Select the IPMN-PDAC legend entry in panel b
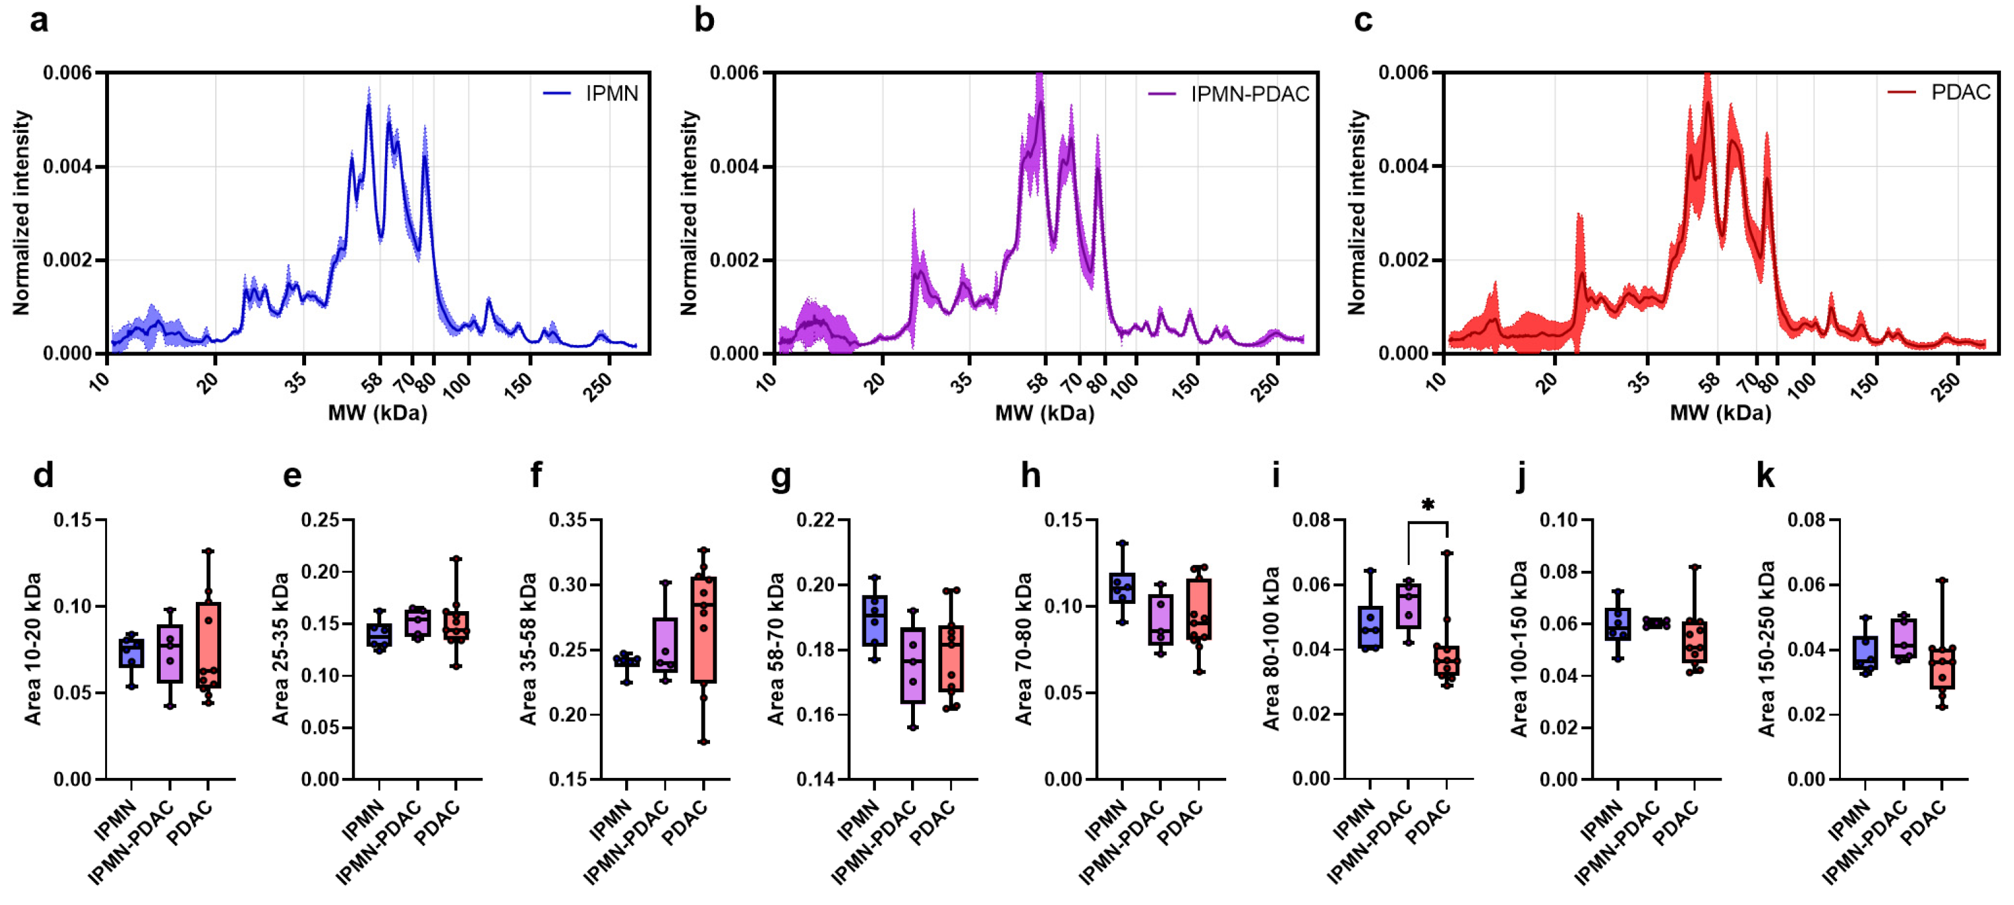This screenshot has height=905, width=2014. [1228, 94]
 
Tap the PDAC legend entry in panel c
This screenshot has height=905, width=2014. [1938, 92]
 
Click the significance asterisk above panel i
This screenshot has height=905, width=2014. [1428, 505]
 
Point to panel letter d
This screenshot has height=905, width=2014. [44, 475]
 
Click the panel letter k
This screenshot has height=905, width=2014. [1766, 475]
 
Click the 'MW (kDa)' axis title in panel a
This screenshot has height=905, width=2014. [377, 412]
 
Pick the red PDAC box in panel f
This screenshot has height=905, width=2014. [704, 630]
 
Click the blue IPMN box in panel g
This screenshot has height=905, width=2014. [874, 620]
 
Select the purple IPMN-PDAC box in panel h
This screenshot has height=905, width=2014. [1160, 620]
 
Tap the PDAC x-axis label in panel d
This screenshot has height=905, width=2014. [190, 824]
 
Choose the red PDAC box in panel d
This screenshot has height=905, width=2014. [208, 646]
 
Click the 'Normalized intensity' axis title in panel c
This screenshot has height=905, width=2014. [1358, 213]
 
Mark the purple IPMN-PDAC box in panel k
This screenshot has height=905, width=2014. [1903, 638]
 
